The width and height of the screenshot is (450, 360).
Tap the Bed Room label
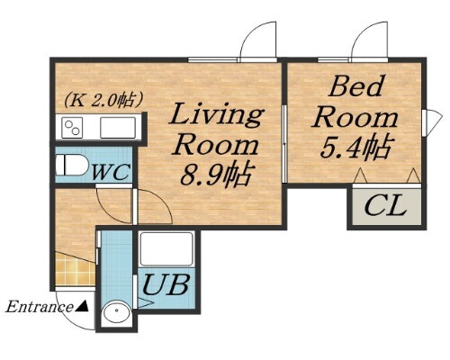click(355, 102)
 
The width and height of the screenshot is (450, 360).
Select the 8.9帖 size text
click(215, 174)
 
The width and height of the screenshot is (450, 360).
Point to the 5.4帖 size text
click(356, 147)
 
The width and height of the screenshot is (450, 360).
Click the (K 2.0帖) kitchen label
click(103, 100)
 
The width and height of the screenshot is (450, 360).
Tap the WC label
click(111, 172)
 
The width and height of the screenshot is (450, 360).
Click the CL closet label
click(385, 206)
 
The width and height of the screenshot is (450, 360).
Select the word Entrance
click(39, 307)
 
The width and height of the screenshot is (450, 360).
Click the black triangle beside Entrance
click(82, 306)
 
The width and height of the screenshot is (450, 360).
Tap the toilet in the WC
click(71, 165)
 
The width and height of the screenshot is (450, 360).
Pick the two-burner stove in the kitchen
click(72, 128)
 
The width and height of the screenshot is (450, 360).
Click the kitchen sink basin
click(118, 128)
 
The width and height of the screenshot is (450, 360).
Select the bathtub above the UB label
click(166, 248)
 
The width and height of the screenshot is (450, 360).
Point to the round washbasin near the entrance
click(116, 313)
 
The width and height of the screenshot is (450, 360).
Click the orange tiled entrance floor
click(75, 271)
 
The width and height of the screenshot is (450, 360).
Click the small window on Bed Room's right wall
click(431, 123)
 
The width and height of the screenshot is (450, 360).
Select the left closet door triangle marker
click(361, 175)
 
